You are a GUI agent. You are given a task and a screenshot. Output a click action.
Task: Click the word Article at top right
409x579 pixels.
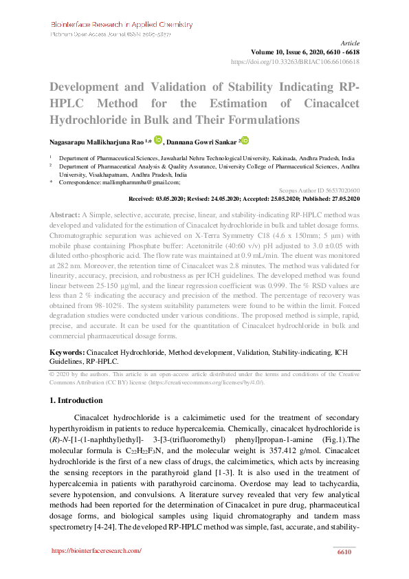click(349, 43)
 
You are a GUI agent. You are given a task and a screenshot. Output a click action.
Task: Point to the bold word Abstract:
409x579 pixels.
click(65, 215)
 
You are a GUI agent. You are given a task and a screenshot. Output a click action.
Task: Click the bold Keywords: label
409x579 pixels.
click(67, 352)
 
